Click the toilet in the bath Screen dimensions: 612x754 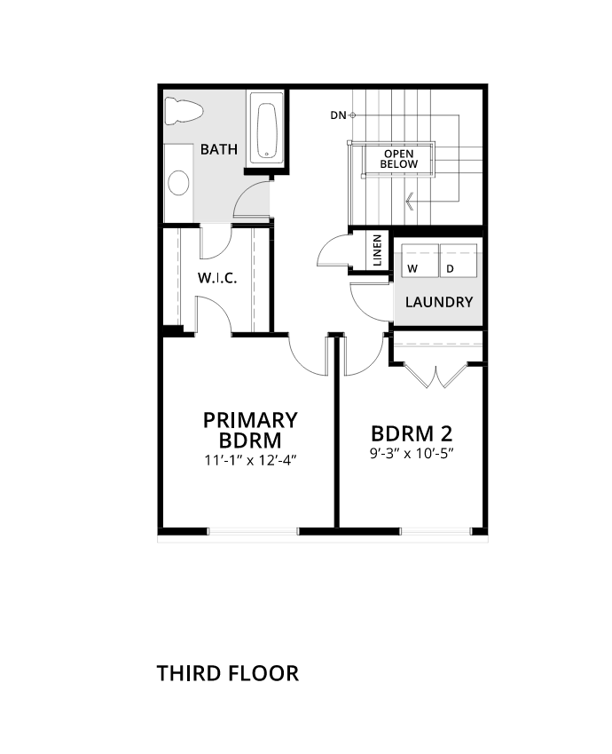184,111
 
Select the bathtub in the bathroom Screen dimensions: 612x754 266,130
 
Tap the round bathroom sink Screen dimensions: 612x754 178,183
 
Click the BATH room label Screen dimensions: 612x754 219,149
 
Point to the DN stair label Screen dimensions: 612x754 338,115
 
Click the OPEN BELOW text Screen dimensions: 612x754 399,159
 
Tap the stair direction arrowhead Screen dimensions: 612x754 410,201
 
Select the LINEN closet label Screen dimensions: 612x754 378,250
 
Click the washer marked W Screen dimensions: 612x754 420,260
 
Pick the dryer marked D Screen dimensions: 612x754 459,260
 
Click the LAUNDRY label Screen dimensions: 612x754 439,302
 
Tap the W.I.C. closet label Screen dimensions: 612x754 217,278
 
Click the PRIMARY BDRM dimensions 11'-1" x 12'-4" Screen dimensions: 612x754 250,460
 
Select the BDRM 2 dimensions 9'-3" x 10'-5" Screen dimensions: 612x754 412,453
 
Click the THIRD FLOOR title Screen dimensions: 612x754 228,673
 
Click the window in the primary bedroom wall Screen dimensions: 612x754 253,531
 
